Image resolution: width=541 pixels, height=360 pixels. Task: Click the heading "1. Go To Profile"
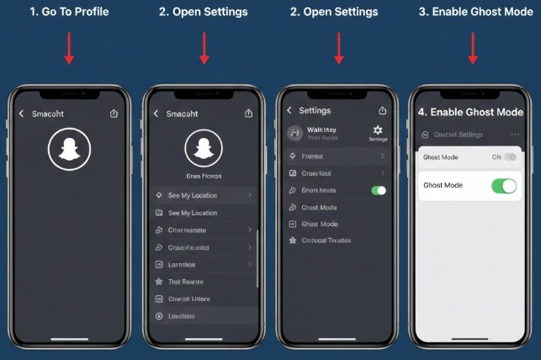point(69,12)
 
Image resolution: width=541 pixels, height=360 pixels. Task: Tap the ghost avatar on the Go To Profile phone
point(69,151)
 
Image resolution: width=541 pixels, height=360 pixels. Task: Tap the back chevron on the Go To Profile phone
point(21,113)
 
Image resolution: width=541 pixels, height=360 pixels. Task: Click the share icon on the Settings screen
point(383,110)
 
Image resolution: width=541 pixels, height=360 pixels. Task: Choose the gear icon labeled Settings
point(378,130)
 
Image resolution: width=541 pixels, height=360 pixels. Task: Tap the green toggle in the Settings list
point(378,191)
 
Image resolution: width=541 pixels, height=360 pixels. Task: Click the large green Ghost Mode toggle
point(503,186)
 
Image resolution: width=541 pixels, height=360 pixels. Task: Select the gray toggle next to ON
point(510,157)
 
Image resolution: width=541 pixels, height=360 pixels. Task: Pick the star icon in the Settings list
point(293,241)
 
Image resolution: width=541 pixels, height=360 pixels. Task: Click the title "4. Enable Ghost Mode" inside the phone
point(470,112)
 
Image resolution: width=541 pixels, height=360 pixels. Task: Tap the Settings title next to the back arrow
point(315,110)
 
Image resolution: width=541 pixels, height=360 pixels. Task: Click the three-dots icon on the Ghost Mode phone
point(514,135)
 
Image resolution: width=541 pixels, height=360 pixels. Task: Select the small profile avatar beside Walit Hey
point(294,133)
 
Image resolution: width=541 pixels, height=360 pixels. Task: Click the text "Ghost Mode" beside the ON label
point(440,157)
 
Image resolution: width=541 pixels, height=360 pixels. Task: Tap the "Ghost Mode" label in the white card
point(443,185)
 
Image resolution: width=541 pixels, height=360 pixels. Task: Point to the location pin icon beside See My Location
point(159,195)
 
